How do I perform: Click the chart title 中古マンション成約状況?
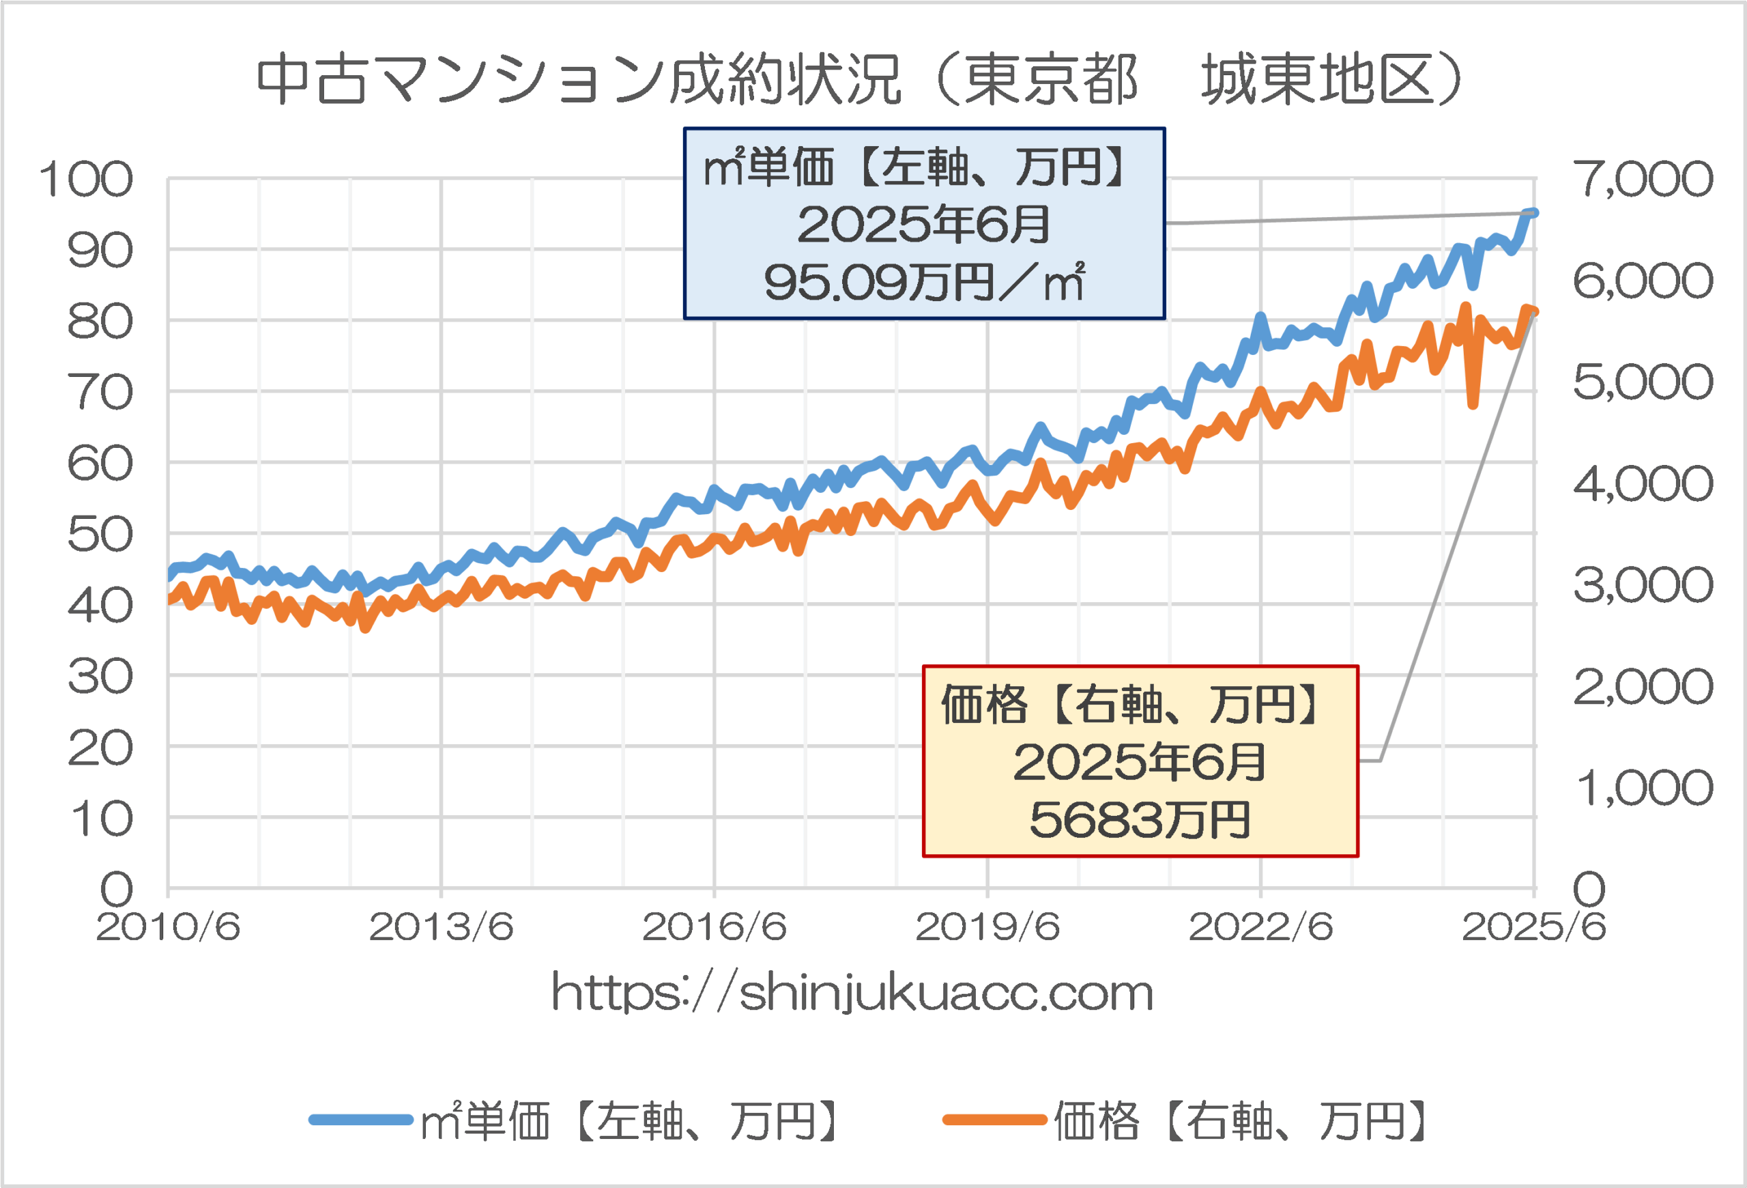579,79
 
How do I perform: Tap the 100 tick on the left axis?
86,180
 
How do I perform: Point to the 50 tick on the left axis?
100,535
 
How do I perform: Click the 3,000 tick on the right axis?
1643,585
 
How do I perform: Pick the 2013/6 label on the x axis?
442,927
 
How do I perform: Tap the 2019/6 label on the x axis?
987,927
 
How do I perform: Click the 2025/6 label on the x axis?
1533,927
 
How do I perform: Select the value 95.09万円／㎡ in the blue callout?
924,283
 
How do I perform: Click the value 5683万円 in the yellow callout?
1140,819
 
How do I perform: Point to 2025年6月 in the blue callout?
924,224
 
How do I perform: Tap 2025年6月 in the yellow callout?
1140,763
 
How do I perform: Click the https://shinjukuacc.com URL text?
852,993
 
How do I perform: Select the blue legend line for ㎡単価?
361,1120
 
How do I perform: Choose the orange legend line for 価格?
994,1120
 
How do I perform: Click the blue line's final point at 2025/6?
1533,213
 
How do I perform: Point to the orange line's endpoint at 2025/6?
1533,312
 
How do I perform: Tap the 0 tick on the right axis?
1589,889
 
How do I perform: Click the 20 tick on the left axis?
100,748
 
